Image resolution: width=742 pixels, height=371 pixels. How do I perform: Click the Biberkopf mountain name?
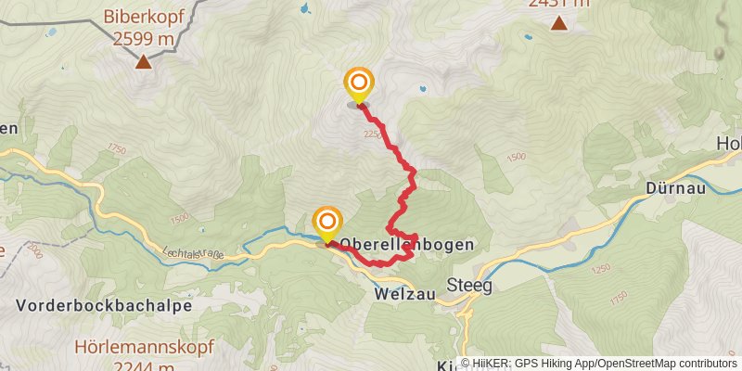tap(144, 17)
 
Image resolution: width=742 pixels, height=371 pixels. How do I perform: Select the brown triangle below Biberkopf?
tap(144, 62)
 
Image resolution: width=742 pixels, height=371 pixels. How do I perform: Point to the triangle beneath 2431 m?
tap(558, 23)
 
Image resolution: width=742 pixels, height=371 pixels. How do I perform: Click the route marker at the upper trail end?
tap(358, 83)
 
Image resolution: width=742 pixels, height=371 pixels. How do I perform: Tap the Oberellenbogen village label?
tap(408, 245)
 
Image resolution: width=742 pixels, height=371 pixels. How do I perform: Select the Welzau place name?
tap(405, 293)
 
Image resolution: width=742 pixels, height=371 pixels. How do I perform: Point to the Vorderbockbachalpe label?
tap(104, 305)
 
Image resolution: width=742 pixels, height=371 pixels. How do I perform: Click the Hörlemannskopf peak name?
tap(144, 348)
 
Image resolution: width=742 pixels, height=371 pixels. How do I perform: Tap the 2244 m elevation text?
tap(144, 365)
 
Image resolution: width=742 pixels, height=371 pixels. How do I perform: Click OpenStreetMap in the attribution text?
tap(639, 364)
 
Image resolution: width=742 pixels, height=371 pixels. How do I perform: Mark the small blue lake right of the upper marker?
tap(423, 90)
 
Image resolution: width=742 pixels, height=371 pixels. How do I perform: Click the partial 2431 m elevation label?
tap(558, 4)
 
